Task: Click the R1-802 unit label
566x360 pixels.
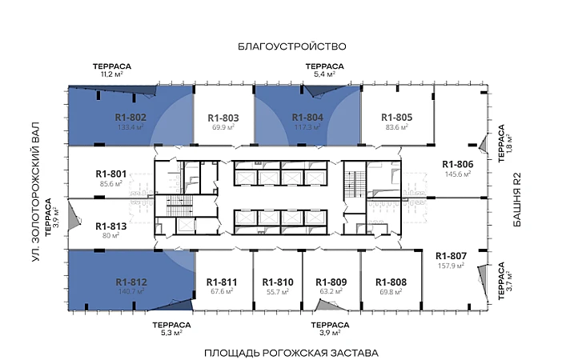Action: click(x=130, y=118)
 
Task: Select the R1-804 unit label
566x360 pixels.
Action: click(x=307, y=118)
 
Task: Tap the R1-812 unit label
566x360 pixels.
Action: click(x=131, y=282)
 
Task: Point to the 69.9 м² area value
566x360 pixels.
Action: click(x=223, y=127)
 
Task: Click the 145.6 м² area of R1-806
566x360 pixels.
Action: click(x=458, y=174)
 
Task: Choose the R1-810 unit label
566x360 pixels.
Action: click(x=278, y=282)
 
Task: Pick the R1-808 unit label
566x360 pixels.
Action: click(x=391, y=282)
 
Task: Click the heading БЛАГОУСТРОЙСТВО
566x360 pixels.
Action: click(x=292, y=46)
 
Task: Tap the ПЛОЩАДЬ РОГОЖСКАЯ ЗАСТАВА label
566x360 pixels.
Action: click(x=291, y=353)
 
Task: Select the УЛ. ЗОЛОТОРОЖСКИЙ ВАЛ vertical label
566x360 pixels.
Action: click(x=35, y=192)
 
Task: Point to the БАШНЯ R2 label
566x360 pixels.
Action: click(x=517, y=199)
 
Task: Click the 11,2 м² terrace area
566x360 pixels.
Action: click(x=112, y=74)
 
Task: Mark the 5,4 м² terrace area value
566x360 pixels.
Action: click(x=324, y=74)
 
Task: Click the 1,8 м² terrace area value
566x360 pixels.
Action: click(x=509, y=144)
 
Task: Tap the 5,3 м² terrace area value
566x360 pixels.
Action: click(x=171, y=333)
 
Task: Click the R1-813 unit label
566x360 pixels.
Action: click(x=111, y=226)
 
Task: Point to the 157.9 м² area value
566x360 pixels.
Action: click(x=451, y=266)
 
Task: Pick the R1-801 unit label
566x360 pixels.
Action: click(x=111, y=174)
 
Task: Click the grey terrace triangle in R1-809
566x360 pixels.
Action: click(x=327, y=306)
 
